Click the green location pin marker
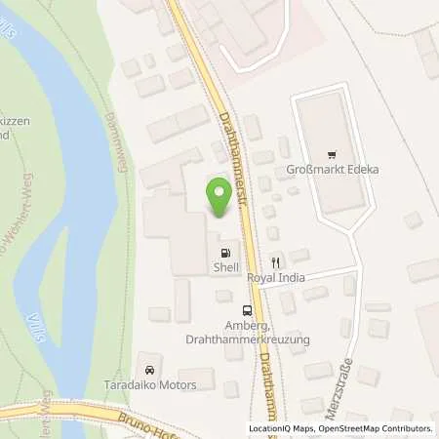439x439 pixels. coord(219,198)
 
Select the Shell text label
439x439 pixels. coord(226,264)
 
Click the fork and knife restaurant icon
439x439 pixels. coord(276,261)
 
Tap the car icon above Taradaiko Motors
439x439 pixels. coord(149,370)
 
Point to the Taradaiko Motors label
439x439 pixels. coord(150,384)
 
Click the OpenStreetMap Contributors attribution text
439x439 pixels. coord(377,429)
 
